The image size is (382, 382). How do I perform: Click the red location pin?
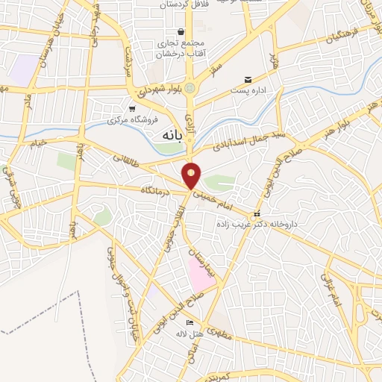[192, 176]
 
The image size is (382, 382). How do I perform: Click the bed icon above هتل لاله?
[190, 322]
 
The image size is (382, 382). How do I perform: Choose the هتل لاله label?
[191, 333]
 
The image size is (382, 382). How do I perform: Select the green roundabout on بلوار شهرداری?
[191, 88]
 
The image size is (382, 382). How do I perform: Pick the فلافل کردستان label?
[184, 4]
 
